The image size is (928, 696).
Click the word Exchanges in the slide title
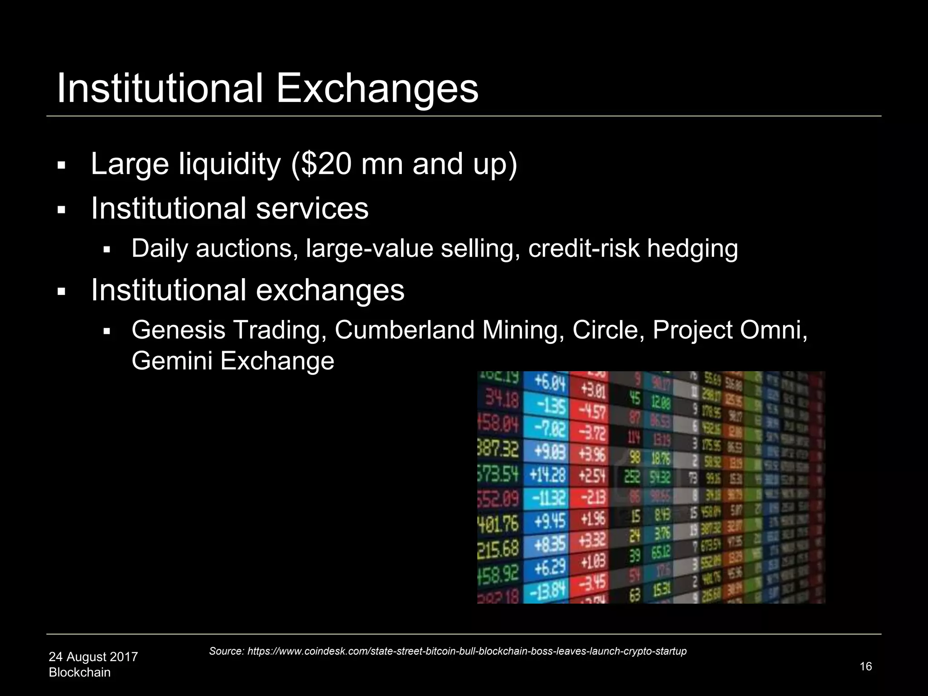[377, 88]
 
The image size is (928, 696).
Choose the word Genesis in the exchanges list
[178, 330]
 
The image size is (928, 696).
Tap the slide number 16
[865, 667]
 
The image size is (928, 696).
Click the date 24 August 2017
[93, 657]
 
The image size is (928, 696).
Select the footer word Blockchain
[80, 672]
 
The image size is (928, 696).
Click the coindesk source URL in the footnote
[467, 651]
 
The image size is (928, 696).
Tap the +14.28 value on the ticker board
[547, 475]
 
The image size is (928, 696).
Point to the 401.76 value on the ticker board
[498, 523]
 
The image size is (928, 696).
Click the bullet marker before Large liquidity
[62, 165]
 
